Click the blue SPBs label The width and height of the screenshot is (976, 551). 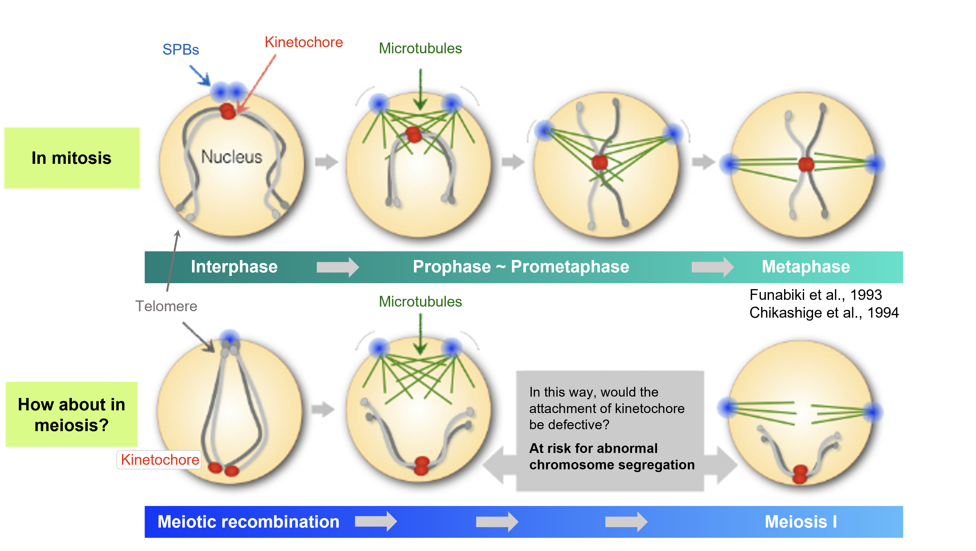pyautogui.click(x=181, y=50)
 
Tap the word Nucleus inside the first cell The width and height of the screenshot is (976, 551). pyautogui.click(x=231, y=157)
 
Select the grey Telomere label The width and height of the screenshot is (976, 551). pyautogui.click(x=166, y=306)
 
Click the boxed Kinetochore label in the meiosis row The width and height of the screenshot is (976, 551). pyautogui.click(x=160, y=460)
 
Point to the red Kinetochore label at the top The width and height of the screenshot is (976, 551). pyautogui.click(x=303, y=42)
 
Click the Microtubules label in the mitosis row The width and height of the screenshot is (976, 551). pyautogui.click(x=420, y=48)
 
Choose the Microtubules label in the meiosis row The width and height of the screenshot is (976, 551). pyautogui.click(x=420, y=302)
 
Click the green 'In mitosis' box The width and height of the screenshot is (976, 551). pyautogui.click(x=72, y=158)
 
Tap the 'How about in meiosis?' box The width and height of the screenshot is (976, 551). pyautogui.click(x=72, y=414)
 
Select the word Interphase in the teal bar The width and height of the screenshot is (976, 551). pyautogui.click(x=234, y=266)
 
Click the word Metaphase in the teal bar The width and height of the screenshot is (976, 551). pyautogui.click(x=806, y=266)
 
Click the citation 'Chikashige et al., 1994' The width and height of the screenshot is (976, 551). pyautogui.click(x=824, y=313)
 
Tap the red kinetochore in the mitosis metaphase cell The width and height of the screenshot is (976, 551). pyautogui.click(x=806, y=164)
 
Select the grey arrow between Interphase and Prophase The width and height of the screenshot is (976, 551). pyautogui.click(x=337, y=267)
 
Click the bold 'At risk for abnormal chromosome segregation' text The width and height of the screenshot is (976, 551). pyautogui.click(x=612, y=457)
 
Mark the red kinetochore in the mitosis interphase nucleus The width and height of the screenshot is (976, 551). pyautogui.click(x=228, y=111)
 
